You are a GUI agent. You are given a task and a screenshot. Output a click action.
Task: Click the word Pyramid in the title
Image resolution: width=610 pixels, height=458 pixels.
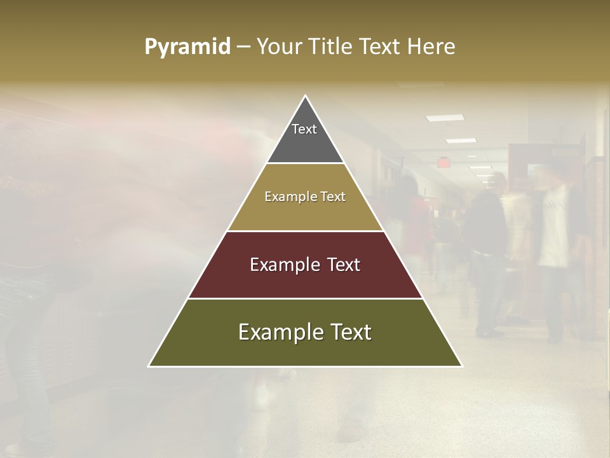(x=187, y=47)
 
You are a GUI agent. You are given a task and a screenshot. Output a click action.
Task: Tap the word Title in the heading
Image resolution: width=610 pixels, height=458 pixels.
(x=332, y=47)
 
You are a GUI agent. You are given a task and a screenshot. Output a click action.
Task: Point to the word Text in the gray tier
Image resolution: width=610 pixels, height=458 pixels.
(x=304, y=129)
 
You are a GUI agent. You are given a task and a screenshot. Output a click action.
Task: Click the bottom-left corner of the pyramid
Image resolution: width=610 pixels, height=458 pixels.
(x=149, y=366)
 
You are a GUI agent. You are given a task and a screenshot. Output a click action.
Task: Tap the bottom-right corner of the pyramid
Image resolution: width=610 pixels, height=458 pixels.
(x=461, y=366)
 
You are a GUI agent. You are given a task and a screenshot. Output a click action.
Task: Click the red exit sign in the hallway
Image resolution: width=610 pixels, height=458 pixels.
(x=443, y=162)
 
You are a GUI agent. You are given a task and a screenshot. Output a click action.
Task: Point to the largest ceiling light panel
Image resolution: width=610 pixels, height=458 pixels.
(x=444, y=118)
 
